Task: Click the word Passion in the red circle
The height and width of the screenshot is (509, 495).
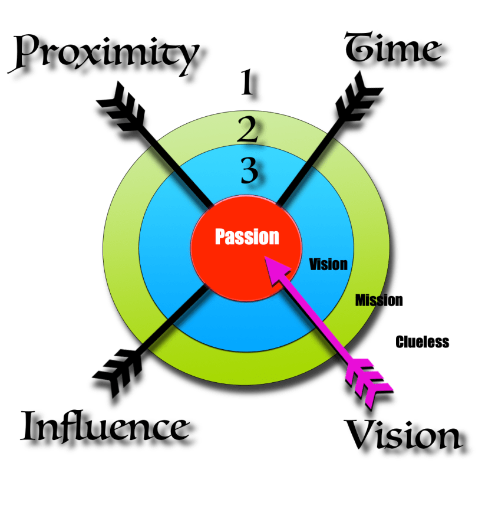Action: click(x=247, y=237)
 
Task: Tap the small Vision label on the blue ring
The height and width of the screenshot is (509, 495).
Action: click(x=328, y=264)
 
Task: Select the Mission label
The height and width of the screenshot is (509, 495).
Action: click(x=379, y=300)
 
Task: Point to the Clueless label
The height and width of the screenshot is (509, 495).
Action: click(x=423, y=341)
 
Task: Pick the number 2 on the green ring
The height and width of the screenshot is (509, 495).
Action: click(x=247, y=130)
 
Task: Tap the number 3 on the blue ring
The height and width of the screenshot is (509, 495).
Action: click(x=249, y=172)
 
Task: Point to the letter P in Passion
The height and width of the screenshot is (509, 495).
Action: click(x=220, y=237)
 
